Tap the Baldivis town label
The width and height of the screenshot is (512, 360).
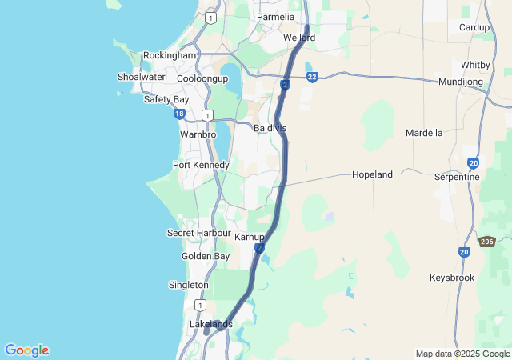270,128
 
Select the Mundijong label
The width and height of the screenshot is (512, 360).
462,82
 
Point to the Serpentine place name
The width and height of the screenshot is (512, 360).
457,177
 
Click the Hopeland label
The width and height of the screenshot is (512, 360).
373,174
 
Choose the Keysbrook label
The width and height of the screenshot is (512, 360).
452,278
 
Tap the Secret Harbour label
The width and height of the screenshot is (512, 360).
198,233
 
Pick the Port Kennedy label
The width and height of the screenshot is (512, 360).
201,165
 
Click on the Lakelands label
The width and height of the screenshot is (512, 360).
210,324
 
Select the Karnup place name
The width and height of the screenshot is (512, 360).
250,238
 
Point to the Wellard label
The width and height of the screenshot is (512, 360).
299,38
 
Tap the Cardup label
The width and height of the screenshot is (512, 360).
474,27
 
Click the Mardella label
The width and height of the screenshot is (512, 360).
424,133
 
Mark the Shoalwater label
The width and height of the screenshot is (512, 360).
141,77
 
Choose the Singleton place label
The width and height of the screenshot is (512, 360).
189,285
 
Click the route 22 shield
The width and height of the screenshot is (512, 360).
312,77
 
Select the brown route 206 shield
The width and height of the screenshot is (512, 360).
487,242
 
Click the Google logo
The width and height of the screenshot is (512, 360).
26,350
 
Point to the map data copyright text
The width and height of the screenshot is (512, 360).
463,354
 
